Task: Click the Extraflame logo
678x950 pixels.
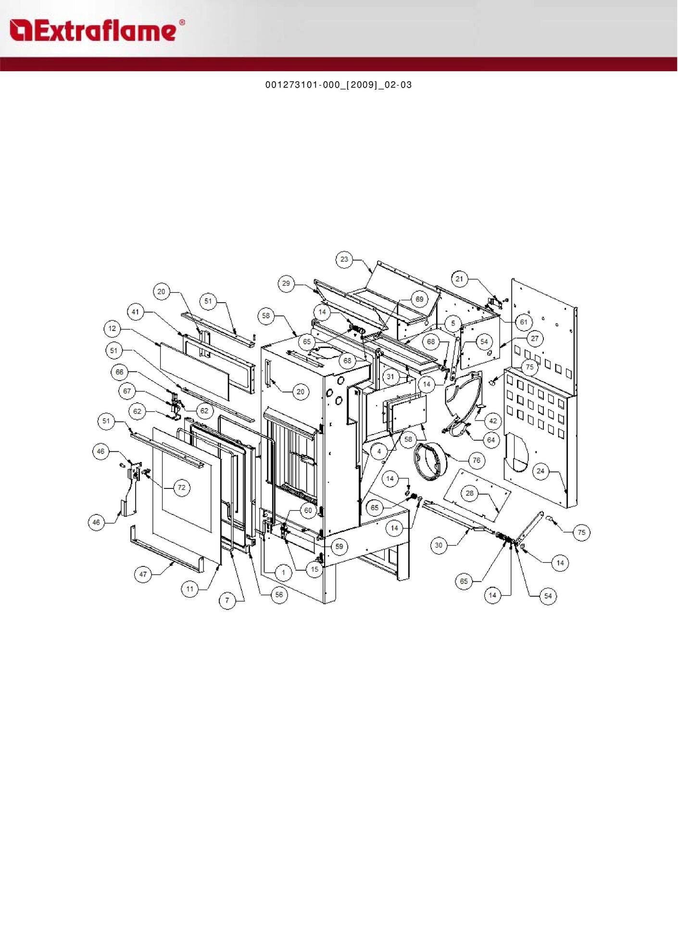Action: [x=97, y=30]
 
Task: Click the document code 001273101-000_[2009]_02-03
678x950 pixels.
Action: [x=339, y=85]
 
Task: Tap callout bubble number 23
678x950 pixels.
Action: [x=344, y=259]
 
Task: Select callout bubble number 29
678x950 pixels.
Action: [x=286, y=283]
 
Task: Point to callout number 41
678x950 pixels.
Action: [x=136, y=312]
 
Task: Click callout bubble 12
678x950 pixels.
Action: [x=112, y=329]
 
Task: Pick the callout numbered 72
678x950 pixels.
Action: [x=182, y=488]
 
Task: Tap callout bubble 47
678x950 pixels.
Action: [x=143, y=574]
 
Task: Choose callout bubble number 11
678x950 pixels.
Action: [x=190, y=589]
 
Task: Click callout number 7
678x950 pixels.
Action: [x=227, y=600]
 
